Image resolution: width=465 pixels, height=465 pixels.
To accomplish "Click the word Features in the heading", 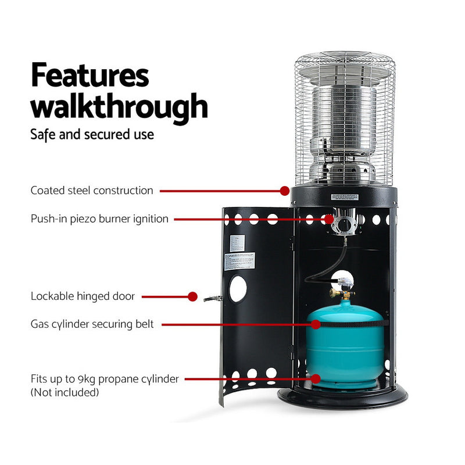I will pos(90,76).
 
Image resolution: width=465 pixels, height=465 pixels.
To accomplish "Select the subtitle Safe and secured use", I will pos(92,134).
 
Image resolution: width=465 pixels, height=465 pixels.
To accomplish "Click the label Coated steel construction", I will pos(92,190).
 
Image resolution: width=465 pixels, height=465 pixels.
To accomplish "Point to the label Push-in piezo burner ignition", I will pos(99,219).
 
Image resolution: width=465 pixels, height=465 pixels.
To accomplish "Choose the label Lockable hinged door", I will pos(83,296).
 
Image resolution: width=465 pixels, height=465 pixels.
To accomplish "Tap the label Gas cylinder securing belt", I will pos(92,324).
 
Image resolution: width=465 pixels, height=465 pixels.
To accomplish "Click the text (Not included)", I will pos(65,392).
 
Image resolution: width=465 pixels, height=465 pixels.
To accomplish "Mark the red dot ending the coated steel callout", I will pos(284,190).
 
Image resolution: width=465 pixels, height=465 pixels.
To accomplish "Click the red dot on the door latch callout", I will pos(193,296).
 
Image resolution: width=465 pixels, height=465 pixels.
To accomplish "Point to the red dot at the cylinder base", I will pos(316,379).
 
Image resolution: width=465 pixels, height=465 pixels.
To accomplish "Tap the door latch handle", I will pos(210,298).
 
